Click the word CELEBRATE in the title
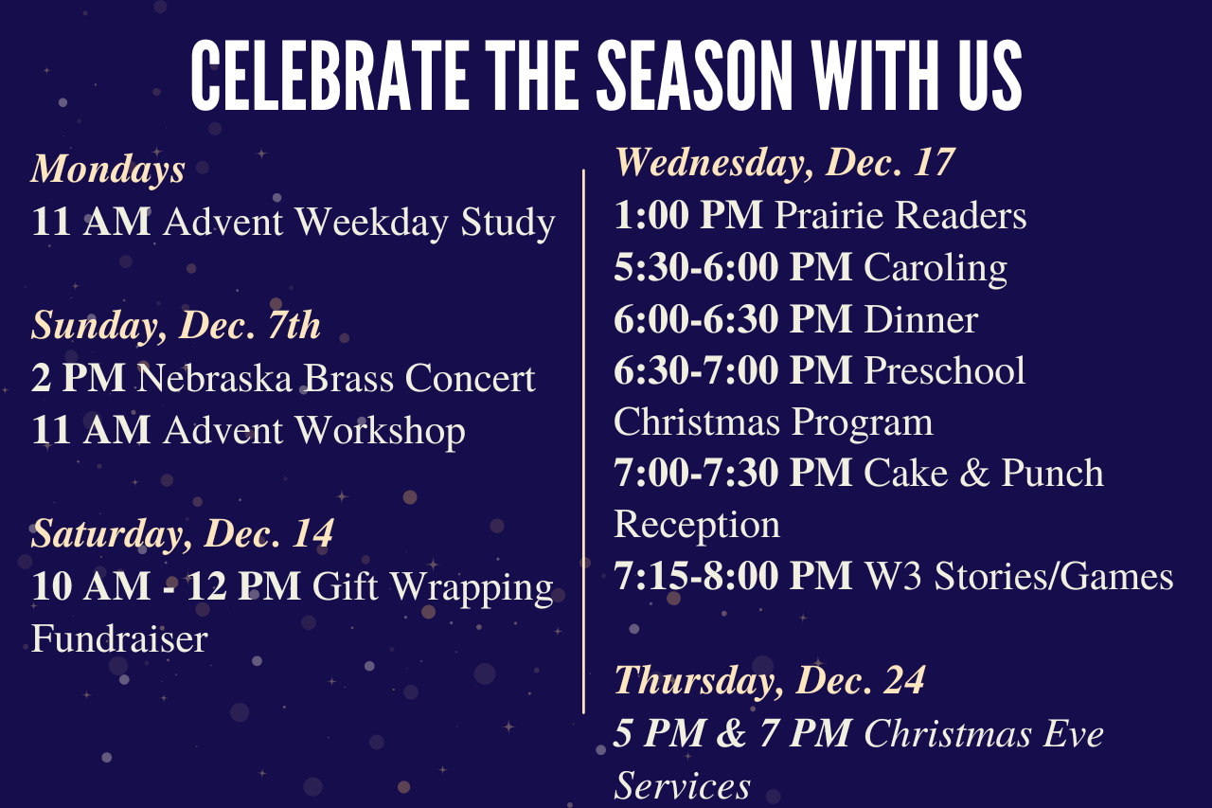pos(330,75)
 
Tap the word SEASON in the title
pos(695,75)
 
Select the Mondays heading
pos(108,170)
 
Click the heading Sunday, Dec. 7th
pos(176,326)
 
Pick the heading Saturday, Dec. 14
pos(183,534)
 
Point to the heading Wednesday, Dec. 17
pos(785,163)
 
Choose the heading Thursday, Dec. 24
pos(770,680)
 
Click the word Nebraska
pos(214,378)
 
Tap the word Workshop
pos(381,431)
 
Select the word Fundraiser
pos(119,639)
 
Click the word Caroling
pos(936,268)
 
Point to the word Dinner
pos(921,320)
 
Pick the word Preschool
pos(945,371)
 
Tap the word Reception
pos(697,526)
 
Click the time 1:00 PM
pos(688,215)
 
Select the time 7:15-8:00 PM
pos(733,576)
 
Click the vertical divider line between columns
pos(584,441)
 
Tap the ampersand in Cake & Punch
pos(974,473)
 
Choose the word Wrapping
pos(472,587)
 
